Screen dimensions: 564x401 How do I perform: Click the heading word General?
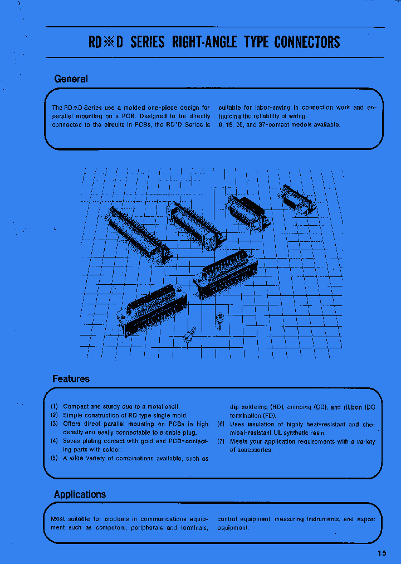click(x=71, y=79)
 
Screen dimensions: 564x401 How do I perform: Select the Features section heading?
click(x=71, y=379)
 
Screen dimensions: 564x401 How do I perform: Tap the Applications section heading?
click(x=80, y=494)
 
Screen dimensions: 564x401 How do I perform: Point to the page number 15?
click(x=382, y=553)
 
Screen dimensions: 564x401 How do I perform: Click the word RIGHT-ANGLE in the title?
click(x=206, y=42)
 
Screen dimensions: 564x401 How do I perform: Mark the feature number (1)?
click(x=55, y=406)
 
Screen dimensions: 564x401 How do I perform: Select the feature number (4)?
click(x=55, y=441)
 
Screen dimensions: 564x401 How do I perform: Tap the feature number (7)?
click(x=221, y=441)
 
